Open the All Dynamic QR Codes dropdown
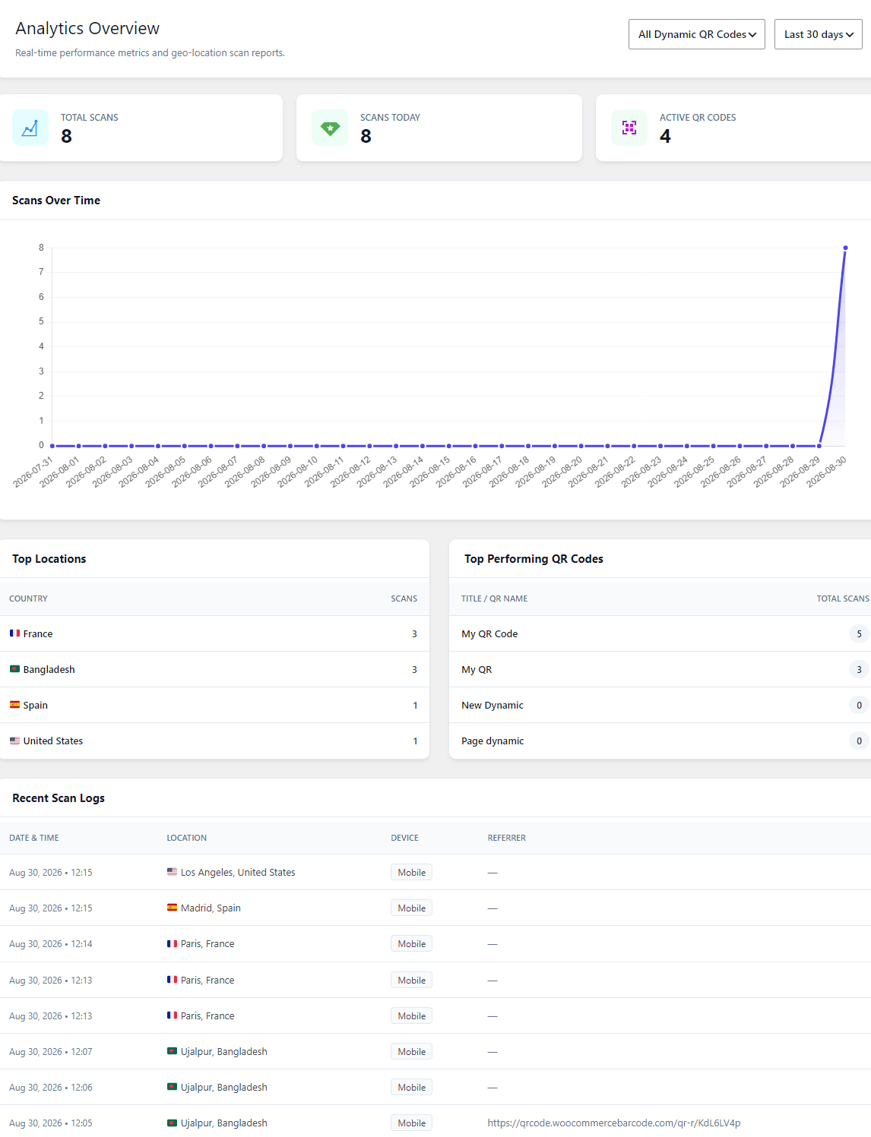pyautogui.click(x=696, y=34)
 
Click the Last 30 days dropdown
pyautogui.click(x=818, y=34)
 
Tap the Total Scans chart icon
pyautogui.click(x=30, y=128)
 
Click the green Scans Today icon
pyautogui.click(x=330, y=128)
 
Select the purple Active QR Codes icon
pyautogui.click(x=629, y=128)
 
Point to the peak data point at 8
pyautogui.click(x=845, y=248)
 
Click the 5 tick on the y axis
pyautogui.click(x=41, y=321)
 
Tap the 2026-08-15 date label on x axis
pyautogui.click(x=429, y=472)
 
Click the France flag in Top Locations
pyautogui.click(x=14, y=633)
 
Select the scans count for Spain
pyautogui.click(x=415, y=706)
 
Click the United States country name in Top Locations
pyautogui.click(x=53, y=741)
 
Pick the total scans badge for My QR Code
pyautogui.click(x=859, y=633)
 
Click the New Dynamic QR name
pyautogui.click(x=492, y=706)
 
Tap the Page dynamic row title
pyautogui.click(x=493, y=741)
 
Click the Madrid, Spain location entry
pyautogui.click(x=211, y=908)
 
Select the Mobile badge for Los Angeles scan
pyautogui.click(x=411, y=872)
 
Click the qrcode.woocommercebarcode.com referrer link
pyautogui.click(x=614, y=1123)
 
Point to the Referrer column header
pyautogui.click(x=507, y=838)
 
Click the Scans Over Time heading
pyautogui.click(x=56, y=201)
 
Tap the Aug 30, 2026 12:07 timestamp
pyautogui.click(x=51, y=1052)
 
